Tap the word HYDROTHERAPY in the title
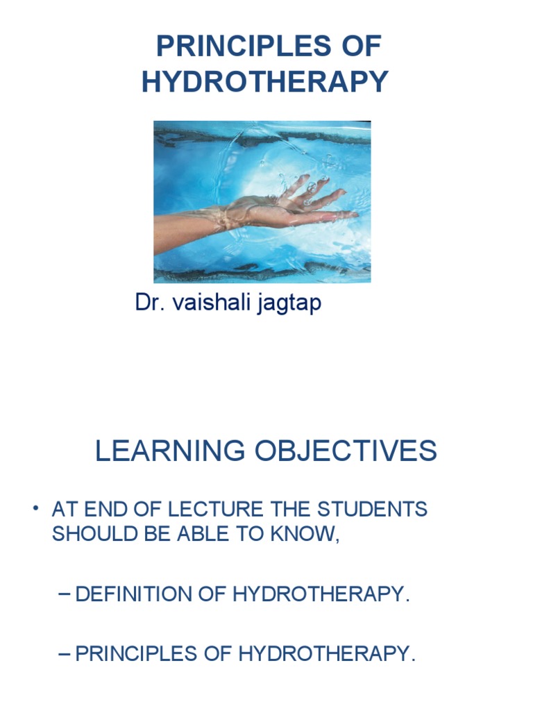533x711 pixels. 265,82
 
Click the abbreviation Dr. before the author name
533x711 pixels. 148,303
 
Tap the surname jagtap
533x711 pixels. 291,304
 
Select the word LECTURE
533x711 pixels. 222,509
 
